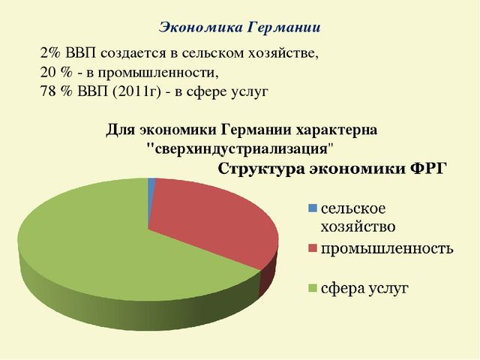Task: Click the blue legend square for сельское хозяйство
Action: pyautogui.click(x=313, y=208)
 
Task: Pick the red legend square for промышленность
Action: pyautogui.click(x=313, y=248)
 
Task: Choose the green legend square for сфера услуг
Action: pyautogui.click(x=313, y=288)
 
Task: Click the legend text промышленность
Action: pyautogui.click(x=387, y=248)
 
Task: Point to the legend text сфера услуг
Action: pyautogui.click(x=364, y=288)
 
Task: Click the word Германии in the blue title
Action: pyautogui.click(x=283, y=28)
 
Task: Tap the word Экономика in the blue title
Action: pyautogui.click(x=201, y=28)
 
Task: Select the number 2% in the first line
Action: pyautogui.click(x=50, y=53)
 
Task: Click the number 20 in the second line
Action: pyautogui.click(x=48, y=73)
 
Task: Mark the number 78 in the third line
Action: pyautogui.click(x=48, y=91)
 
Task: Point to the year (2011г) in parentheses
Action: pyautogui.click(x=136, y=91)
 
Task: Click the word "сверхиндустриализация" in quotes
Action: pyautogui.click(x=239, y=149)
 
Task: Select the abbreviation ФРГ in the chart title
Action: pyautogui.click(x=427, y=169)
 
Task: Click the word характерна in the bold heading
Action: pyautogui.click(x=337, y=130)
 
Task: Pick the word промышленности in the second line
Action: pyautogui.click(x=158, y=73)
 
